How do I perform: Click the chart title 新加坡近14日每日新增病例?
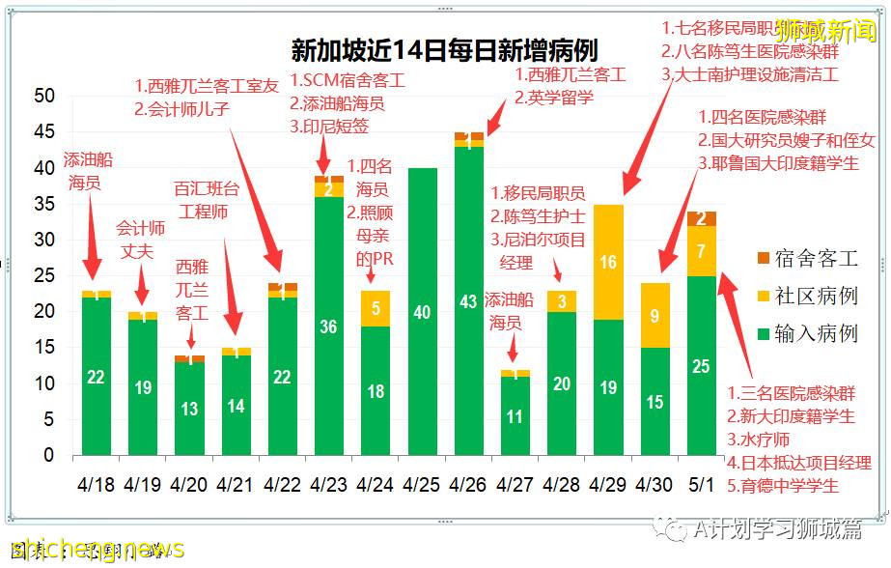[x=444, y=51]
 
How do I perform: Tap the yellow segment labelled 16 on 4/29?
[x=608, y=262]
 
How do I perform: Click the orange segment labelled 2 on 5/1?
[x=702, y=218]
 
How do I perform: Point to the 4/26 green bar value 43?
[x=468, y=302]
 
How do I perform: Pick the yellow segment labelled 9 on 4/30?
[x=655, y=315]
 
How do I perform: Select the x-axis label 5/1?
[x=702, y=481]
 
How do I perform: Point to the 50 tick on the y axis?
[x=44, y=97]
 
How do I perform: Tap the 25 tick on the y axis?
[x=44, y=275]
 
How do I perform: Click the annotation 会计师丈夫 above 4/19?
[x=141, y=240]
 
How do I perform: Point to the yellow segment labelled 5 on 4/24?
[x=375, y=308]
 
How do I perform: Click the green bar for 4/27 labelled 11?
[x=515, y=416]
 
